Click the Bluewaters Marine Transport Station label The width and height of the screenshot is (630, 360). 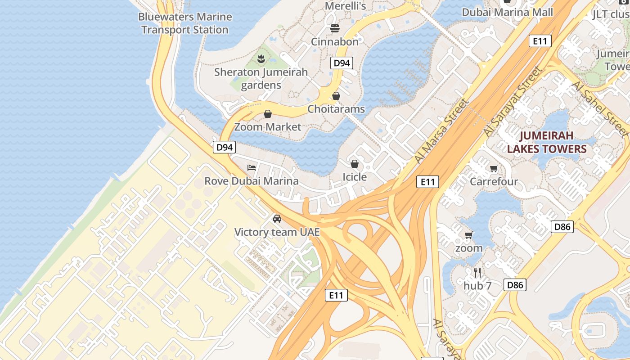(185, 23)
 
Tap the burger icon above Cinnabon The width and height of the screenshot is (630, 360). (334, 28)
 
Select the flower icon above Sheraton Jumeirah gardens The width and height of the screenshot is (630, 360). (261, 58)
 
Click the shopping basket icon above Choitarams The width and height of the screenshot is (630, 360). (336, 96)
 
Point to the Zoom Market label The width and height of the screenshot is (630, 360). (268, 127)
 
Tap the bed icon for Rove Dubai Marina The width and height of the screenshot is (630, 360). (252, 168)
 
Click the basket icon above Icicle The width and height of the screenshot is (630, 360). (355, 163)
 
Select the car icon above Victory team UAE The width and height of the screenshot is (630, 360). (277, 219)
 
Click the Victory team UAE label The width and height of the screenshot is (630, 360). (277, 232)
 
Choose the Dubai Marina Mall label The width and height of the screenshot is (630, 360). (507, 12)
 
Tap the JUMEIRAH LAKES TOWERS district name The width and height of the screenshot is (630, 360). (547, 142)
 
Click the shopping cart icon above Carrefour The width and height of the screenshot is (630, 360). (494, 169)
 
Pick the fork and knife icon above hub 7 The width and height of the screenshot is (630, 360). (477, 272)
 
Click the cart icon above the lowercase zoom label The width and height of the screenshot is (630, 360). (469, 235)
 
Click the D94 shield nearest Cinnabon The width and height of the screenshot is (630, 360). (342, 63)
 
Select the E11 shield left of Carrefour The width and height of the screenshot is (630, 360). (427, 182)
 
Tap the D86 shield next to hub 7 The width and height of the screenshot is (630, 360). (515, 284)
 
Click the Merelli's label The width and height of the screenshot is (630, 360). (345, 6)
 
